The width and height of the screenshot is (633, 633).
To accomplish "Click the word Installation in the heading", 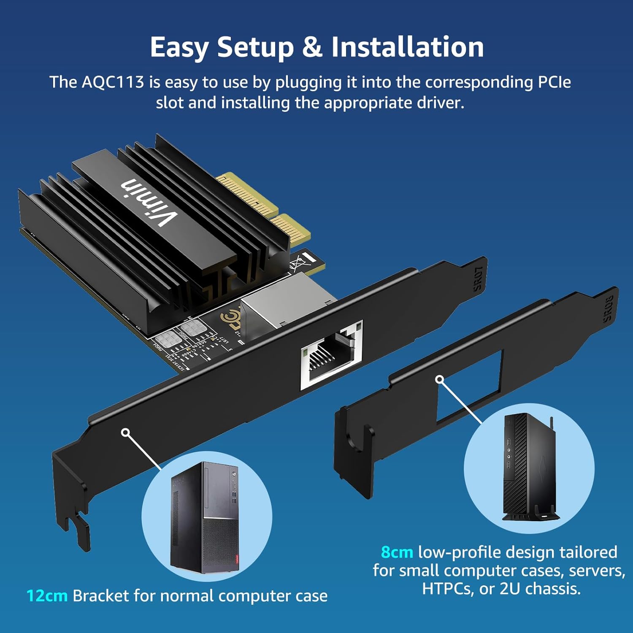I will click(x=407, y=47).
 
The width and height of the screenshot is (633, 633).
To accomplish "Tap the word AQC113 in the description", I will click(x=113, y=82).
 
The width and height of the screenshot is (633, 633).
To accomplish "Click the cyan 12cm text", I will click(x=47, y=596).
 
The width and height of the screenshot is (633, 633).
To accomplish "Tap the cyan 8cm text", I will click(x=397, y=552).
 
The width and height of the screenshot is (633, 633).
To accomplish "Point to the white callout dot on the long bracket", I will click(x=125, y=433).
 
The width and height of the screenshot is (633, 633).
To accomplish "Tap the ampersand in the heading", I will click(x=312, y=47).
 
